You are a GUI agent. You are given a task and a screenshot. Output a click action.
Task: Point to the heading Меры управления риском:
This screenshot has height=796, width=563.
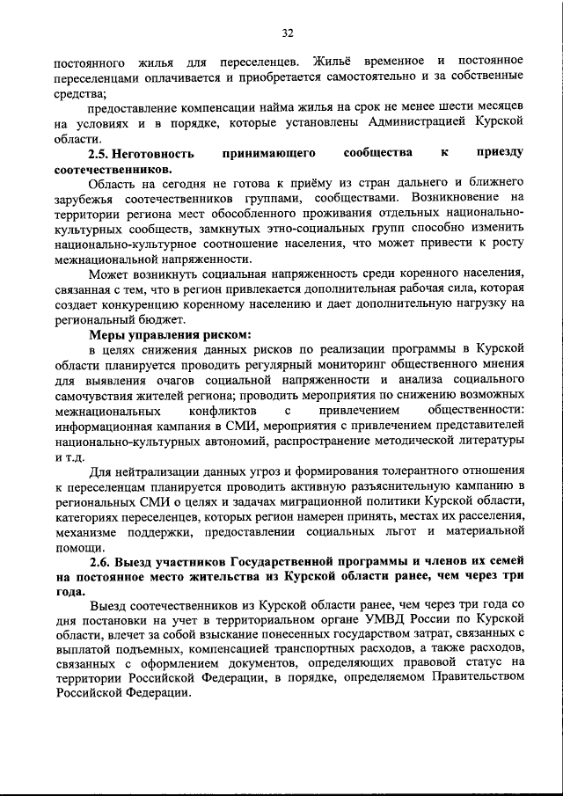click(170, 334)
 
